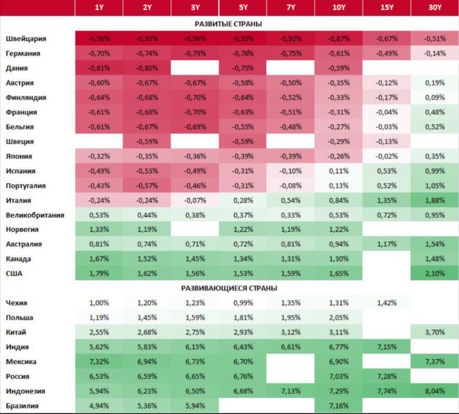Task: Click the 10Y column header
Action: tap(339, 7)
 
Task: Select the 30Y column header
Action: tap(434, 7)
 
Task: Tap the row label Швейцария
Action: tap(26, 39)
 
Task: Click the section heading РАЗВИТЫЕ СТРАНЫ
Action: tap(228, 24)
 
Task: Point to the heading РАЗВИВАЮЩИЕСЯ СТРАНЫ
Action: tap(229, 288)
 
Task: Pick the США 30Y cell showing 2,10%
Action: tap(434, 274)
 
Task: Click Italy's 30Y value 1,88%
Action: tap(434, 200)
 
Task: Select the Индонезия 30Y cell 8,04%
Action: tap(434, 391)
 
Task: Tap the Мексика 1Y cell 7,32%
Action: tap(99, 362)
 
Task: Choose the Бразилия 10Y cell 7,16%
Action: tap(339, 406)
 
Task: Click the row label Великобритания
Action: tap(35, 215)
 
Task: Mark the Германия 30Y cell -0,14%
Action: tap(434, 53)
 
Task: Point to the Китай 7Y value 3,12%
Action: tap(290, 332)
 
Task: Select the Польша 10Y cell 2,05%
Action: tap(339, 318)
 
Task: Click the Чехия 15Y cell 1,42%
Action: tap(386, 303)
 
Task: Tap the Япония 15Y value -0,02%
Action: tap(386, 156)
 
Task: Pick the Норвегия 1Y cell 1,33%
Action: tap(99, 229)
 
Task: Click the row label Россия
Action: tap(18, 376)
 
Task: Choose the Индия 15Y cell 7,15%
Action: tap(386, 347)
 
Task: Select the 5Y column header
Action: tap(243, 7)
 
